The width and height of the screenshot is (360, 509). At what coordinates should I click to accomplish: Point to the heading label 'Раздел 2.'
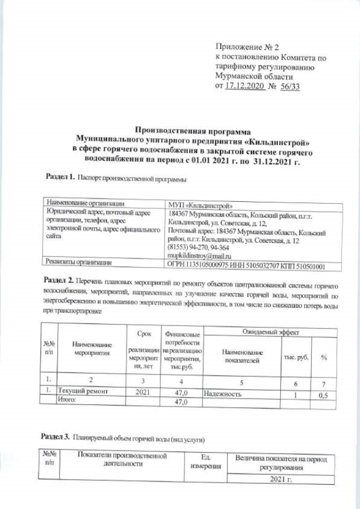[x=59, y=280]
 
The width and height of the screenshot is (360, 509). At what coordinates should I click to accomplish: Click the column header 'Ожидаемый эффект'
[x=268, y=332]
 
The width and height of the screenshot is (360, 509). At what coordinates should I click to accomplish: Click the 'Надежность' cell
[x=223, y=394]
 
